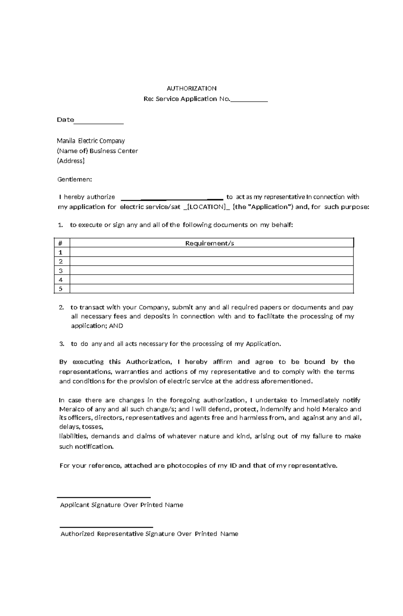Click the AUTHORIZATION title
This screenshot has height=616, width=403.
pyautogui.click(x=191, y=88)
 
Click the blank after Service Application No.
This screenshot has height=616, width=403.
pyautogui.click(x=249, y=100)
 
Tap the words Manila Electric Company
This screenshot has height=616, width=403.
pyautogui.click(x=91, y=141)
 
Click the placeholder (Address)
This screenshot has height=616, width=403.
pyautogui.click(x=71, y=161)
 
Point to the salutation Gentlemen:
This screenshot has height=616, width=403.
pyautogui.click(x=74, y=179)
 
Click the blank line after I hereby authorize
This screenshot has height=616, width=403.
pyautogui.click(x=171, y=198)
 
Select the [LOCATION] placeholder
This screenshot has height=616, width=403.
pyautogui.click(x=206, y=207)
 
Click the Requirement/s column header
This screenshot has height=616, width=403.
pyautogui.click(x=209, y=243)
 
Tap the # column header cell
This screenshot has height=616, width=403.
pyautogui.click(x=60, y=243)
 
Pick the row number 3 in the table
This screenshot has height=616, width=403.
pyautogui.click(x=61, y=271)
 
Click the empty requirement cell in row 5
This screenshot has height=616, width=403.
pyautogui.click(x=212, y=289)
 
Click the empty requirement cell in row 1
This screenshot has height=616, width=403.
pyautogui.click(x=212, y=252)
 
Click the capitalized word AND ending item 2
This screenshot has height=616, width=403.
pyautogui.click(x=116, y=326)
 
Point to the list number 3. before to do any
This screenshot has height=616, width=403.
pyautogui.click(x=61, y=344)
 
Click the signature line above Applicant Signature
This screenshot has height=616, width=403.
pyautogui.click(x=104, y=497)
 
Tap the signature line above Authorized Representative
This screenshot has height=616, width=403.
pyautogui.click(x=106, y=527)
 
